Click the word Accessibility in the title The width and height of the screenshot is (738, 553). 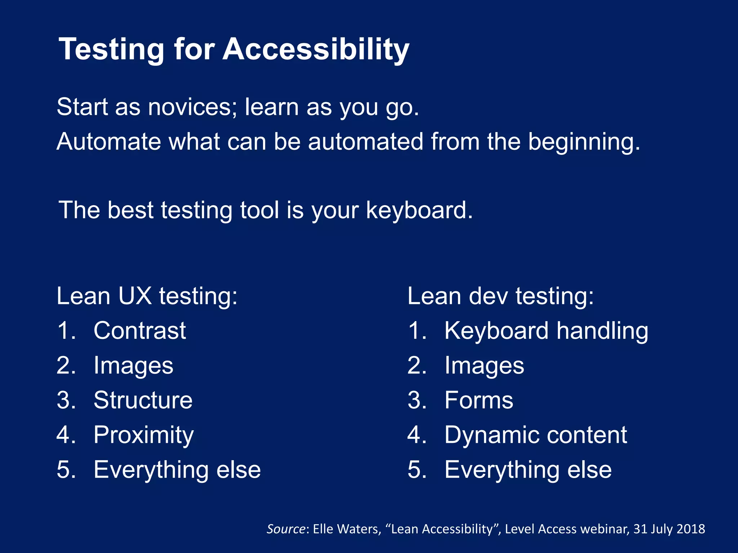(316, 50)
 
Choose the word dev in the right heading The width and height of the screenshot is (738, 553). (488, 296)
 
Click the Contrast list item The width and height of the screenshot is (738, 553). (140, 331)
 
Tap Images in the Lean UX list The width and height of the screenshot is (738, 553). (133, 366)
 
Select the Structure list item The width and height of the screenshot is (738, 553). (143, 400)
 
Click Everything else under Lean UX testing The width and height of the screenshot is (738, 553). (177, 470)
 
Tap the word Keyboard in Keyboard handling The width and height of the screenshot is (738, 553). (496, 331)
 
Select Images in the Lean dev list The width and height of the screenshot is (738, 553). (484, 366)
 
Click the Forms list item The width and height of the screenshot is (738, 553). (479, 400)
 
